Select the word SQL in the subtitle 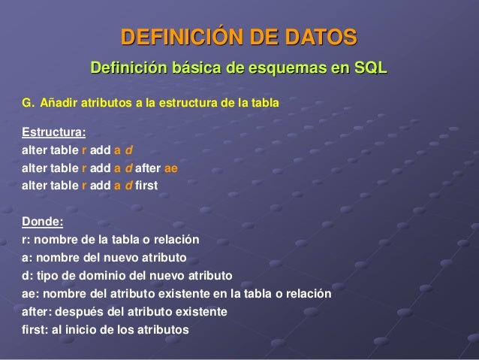[371, 69]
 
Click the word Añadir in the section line [58, 101]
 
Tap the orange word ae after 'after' [170, 167]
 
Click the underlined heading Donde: [43, 222]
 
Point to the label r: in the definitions [26, 241]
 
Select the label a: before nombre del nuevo [27, 257]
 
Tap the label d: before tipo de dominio [27, 274]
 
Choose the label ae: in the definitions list [30, 292]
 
